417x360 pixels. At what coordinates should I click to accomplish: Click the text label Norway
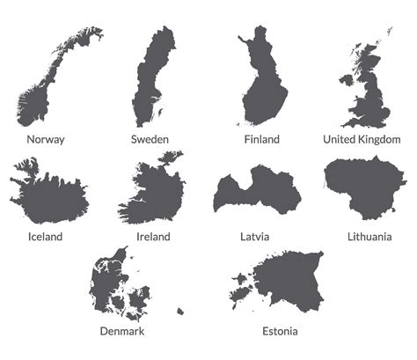pos(46,139)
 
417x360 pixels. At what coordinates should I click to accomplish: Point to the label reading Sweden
pos(150,139)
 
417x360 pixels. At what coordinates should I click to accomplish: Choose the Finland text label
pos(262,139)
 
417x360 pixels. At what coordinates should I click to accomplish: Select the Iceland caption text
pos(46,237)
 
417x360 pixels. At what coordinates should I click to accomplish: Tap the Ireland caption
pos(154,237)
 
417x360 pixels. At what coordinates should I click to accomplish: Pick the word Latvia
pos(254,237)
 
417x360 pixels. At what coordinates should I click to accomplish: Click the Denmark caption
pos(121,332)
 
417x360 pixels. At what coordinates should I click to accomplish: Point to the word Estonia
pos(280,332)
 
